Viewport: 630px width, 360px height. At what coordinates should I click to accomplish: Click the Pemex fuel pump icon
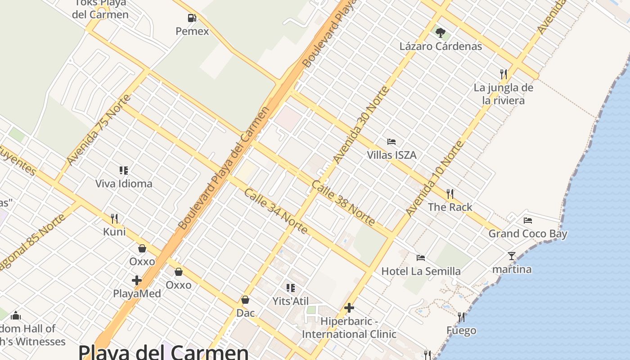point(192,18)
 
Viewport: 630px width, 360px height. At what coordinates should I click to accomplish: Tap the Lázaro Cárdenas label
point(441,46)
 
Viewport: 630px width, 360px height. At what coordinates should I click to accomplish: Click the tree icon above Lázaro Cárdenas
point(441,32)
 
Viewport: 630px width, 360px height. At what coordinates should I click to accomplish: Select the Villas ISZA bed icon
point(391,142)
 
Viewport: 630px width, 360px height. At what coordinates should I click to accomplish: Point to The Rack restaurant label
point(450,207)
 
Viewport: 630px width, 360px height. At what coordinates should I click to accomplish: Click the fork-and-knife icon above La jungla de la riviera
point(504,74)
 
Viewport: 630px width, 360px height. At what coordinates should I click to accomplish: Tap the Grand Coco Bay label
point(528,234)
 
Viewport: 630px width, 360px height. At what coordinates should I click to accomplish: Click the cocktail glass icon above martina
point(512,256)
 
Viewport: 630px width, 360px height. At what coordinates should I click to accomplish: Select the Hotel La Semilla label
point(421,271)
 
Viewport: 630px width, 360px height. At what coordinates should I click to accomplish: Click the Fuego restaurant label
point(461,331)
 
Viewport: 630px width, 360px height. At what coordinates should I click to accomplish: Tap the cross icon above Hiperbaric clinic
point(349,308)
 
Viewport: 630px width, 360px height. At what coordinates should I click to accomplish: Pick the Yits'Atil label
point(290,301)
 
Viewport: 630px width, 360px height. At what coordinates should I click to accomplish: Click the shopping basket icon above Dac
point(245,300)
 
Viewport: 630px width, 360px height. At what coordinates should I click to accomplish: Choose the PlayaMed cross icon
point(137,280)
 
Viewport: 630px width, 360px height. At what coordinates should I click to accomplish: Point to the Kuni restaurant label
point(114,232)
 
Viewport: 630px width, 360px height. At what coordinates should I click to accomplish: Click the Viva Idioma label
point(124,184)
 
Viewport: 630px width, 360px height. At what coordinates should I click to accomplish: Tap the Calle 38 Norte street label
point(343,203)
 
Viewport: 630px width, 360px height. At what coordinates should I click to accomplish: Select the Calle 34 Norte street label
point(276,211)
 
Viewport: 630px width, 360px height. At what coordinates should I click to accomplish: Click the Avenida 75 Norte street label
point(99,130)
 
